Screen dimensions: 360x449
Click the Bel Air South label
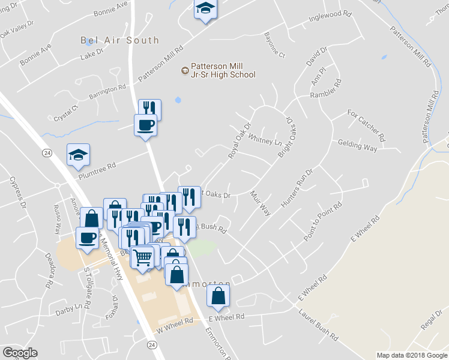pyautogui.click(x=120, y=40)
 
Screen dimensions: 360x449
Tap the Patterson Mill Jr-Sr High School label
pyautogui.click(x=223, y=71)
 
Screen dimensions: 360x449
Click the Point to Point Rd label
pyautogui.click(x=323, y=222)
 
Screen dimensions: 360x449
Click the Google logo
pyautogui.click(x=20, y=353)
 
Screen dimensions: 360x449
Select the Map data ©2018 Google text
pyautogui.click(x=411, y=355)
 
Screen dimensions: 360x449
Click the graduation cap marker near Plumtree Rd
pyautogui.click(x=78, y=155)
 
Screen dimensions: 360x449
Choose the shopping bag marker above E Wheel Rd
pyautogui.click(x=218, y=296)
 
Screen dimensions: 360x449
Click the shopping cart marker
pyautogui.click(x=142, y=257)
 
